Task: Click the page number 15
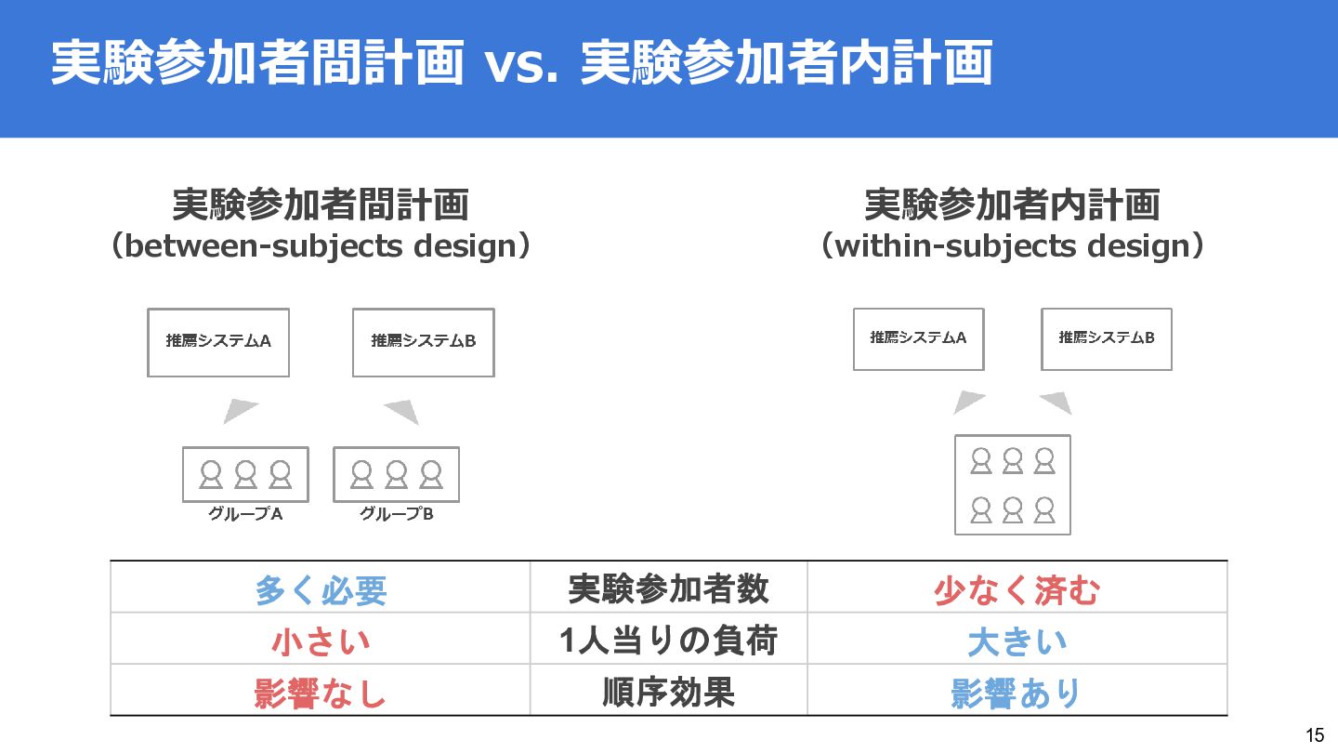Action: [1315, 735]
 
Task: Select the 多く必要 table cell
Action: [321, 590]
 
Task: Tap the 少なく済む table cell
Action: [1017, 590]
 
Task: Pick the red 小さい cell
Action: [321, 641]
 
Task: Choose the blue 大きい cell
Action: [1017, 641]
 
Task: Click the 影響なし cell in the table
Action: [321, 694]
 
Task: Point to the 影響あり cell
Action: [1017, 694]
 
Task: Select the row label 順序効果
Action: [668, 692]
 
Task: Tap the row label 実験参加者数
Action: [668, 588]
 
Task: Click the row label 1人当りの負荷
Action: [668, 641]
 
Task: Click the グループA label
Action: [244, 513]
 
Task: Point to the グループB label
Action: [396, 513]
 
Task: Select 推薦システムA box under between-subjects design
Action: [218, 342]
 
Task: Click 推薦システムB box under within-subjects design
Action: [1106, 338]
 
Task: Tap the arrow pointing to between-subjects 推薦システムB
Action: [403, 410]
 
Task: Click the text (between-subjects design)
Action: [321, 246]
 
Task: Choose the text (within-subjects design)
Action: [1013, 246]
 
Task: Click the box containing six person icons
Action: [1012, 484]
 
